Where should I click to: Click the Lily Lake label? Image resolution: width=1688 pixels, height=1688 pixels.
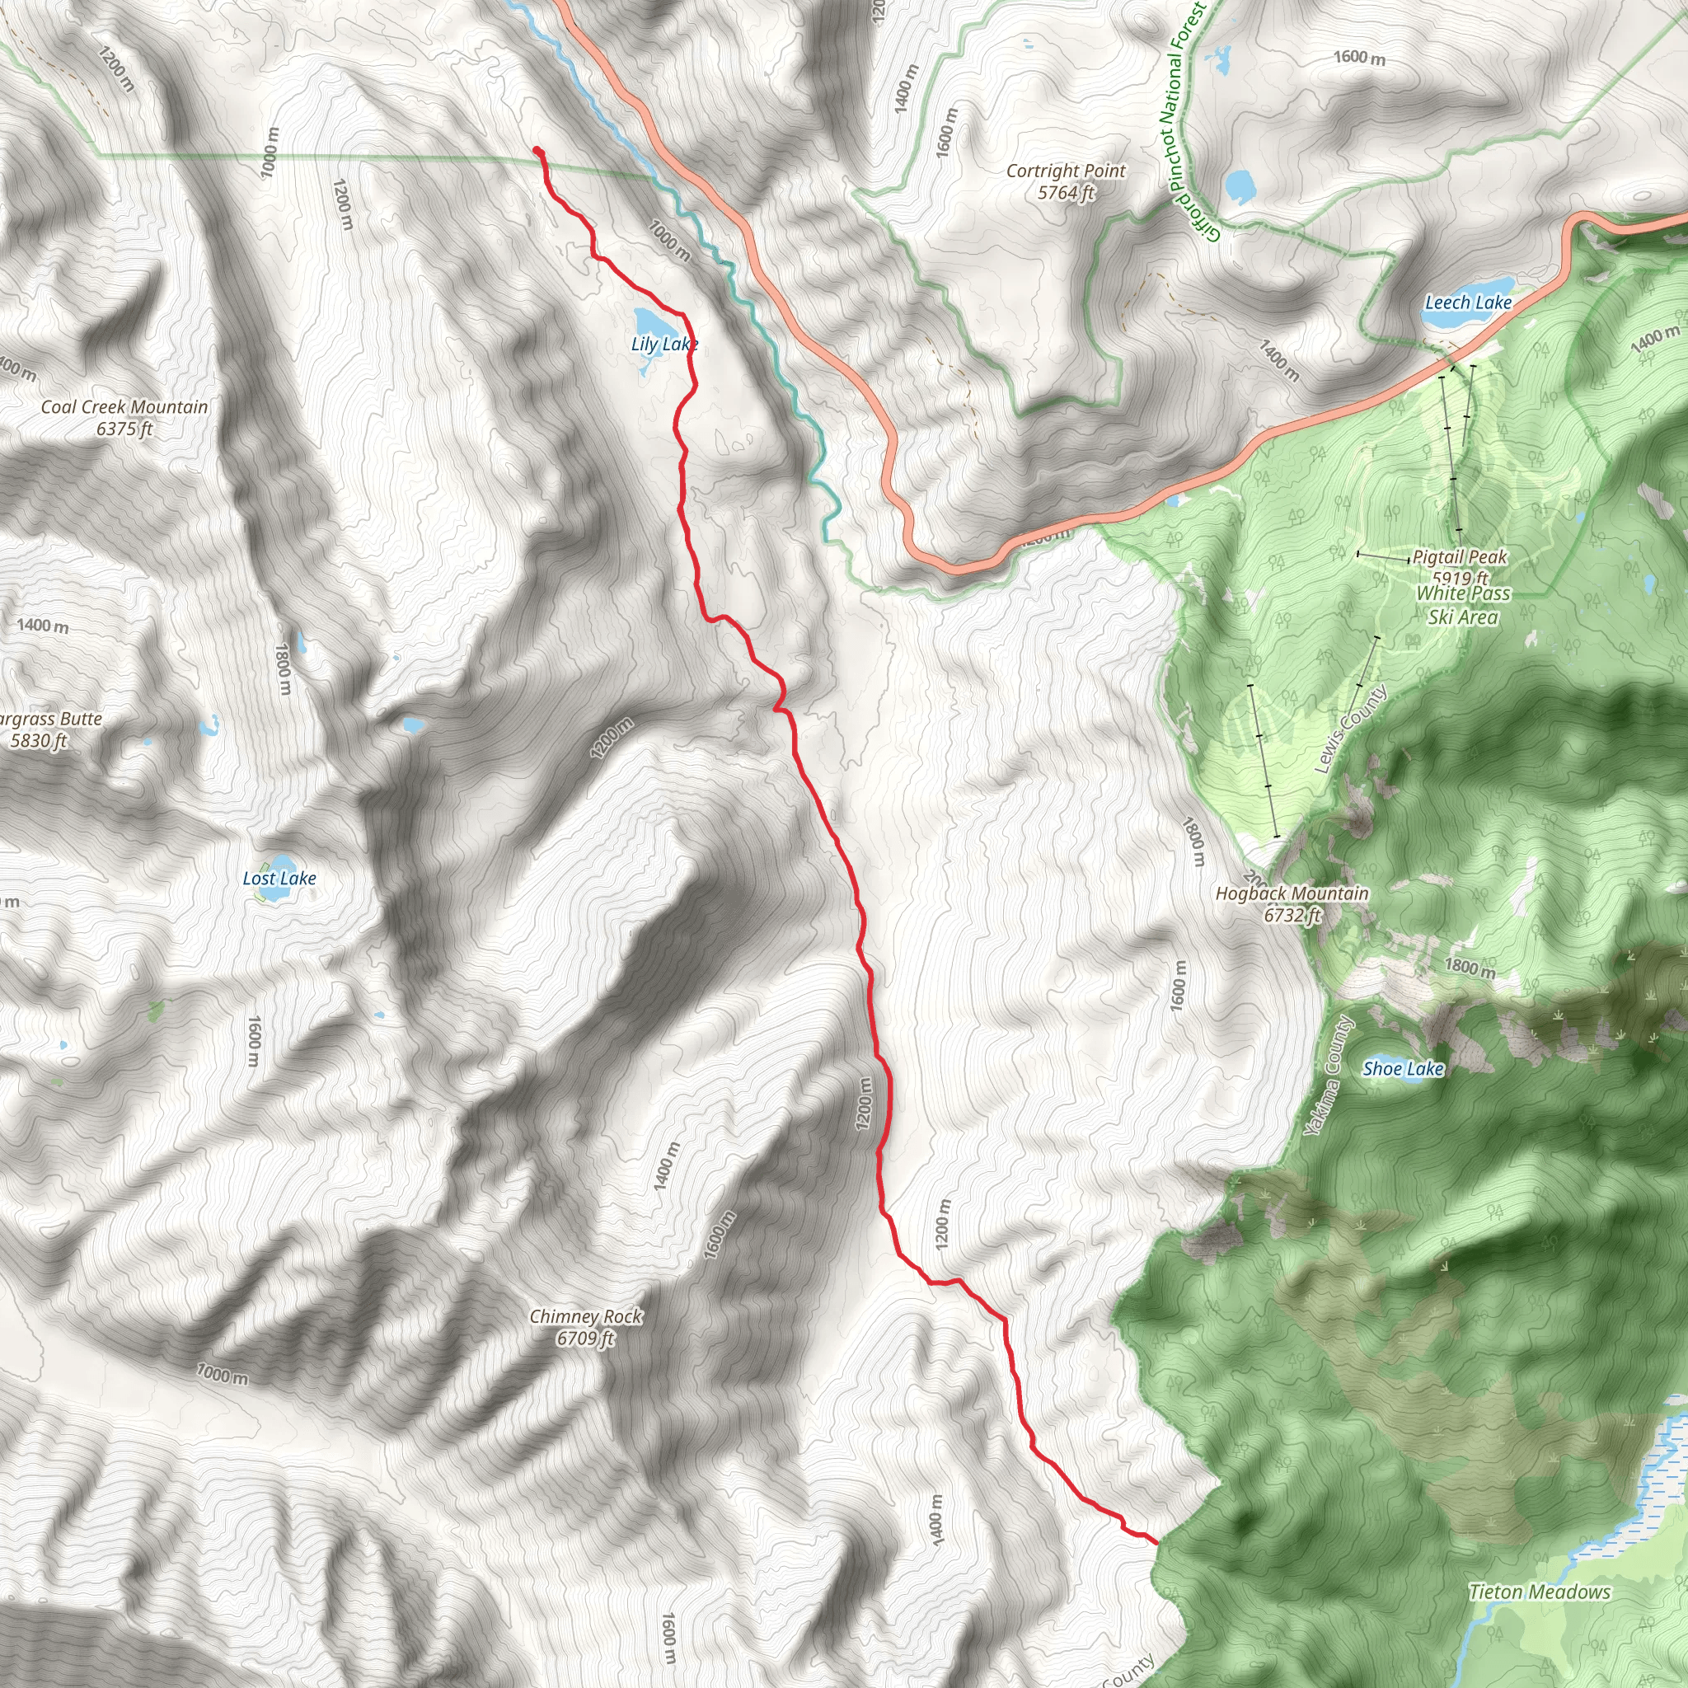664,345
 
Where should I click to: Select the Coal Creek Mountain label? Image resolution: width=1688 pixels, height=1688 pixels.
125,407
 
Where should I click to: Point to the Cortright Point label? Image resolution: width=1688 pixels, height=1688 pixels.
1066,171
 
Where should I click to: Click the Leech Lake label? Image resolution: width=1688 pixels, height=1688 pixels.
1468,302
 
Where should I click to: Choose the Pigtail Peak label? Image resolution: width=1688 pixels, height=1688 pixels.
1460,556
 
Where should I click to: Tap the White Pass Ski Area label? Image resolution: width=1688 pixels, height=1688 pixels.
1464,605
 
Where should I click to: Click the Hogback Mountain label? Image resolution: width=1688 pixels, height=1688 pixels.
1292,893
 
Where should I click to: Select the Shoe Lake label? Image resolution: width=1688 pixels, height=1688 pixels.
1403,1068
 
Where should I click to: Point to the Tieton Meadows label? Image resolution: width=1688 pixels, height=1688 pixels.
1540,1592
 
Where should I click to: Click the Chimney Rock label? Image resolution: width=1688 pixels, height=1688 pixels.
585,1315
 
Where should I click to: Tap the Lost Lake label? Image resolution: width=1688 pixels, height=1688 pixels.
279,878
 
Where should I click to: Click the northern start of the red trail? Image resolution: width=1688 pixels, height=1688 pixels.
537,150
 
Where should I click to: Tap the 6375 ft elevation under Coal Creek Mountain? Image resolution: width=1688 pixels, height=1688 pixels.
125,429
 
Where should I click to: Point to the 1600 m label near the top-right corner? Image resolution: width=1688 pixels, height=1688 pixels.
1358,58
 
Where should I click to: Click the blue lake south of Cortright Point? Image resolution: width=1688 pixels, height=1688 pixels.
1240,185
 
